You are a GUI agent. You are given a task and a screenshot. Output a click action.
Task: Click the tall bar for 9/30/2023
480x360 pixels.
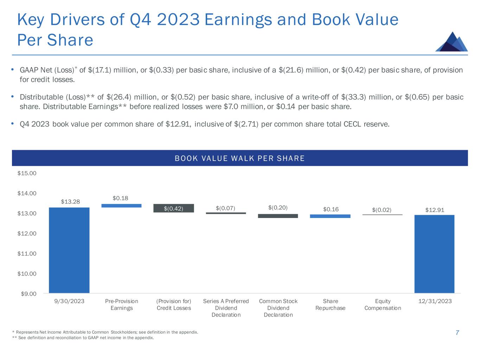point(69,250)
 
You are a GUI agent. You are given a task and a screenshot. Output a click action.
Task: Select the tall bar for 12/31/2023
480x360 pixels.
point(434,254)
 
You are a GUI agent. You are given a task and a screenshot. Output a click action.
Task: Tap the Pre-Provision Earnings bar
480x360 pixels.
point(121,206)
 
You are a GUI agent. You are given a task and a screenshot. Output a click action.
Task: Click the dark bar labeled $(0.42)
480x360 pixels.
point(174,208)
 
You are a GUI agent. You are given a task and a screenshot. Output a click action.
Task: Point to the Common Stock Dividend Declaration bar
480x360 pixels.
point(278,216)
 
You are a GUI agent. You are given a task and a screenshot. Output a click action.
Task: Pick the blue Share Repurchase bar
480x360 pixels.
point(330,216)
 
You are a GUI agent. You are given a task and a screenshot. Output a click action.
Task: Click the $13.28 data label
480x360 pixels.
point(70,201)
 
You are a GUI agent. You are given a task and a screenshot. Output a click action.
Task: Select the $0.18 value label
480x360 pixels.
point(120,198)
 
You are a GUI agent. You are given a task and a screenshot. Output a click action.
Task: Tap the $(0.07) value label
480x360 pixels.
point(225,208)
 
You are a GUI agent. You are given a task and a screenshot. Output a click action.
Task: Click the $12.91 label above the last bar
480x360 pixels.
point(435,210)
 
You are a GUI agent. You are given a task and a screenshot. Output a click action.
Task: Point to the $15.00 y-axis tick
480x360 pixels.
point(27,173)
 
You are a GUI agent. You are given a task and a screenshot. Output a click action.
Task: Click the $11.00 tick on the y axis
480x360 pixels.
point(27,253)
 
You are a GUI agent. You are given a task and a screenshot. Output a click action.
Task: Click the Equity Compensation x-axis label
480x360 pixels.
point(383,304)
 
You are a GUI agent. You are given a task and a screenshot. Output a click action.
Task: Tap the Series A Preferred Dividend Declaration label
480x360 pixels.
point(226,308)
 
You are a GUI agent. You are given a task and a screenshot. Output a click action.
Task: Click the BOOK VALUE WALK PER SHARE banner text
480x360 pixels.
point(240,158)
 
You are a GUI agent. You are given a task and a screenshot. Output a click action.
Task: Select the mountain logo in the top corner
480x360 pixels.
point(452,42)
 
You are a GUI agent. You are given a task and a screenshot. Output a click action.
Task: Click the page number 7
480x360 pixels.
point(457,333)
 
